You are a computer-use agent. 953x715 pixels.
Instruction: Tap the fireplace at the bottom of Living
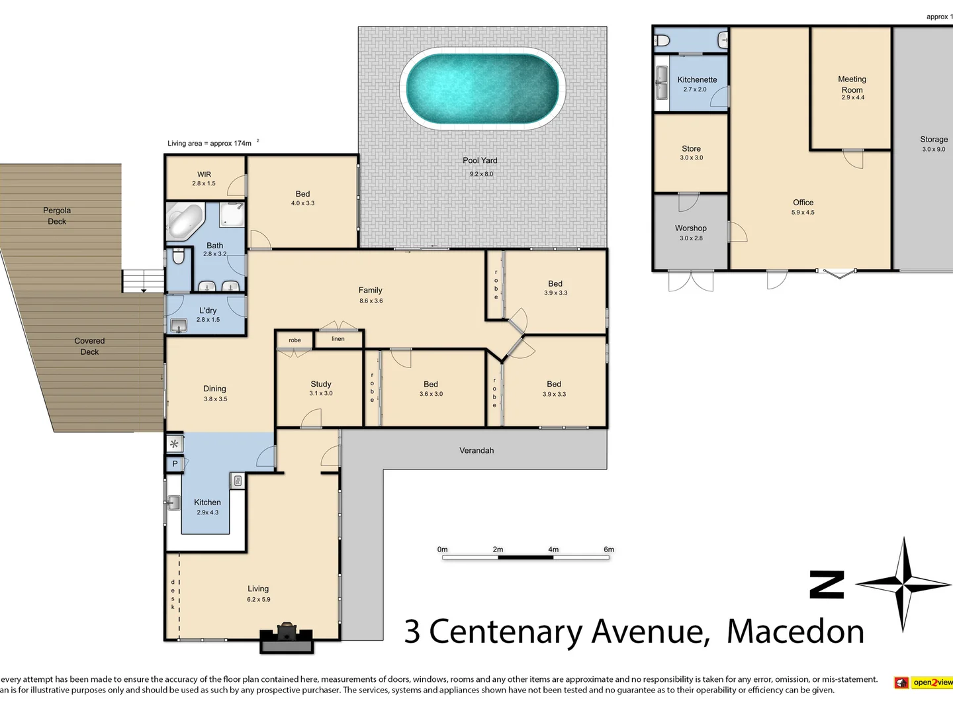coord(287,637)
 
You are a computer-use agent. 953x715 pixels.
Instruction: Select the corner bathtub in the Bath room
coord(185,220)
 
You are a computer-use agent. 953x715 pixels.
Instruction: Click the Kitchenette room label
coord(697,79)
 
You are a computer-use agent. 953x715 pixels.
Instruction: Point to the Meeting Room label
coord(852,84)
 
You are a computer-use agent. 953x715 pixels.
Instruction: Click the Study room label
coord(321,384)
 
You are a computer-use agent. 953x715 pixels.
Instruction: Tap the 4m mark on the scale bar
coord(553,549)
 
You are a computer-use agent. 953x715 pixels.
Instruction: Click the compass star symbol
coord(903,584)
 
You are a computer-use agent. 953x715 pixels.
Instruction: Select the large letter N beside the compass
coord(827,585)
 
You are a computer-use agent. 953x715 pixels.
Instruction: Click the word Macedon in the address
coord(795,632)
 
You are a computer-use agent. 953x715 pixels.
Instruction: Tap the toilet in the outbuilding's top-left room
coord(662,41)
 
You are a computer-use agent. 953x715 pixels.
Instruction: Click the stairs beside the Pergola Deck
coord(143,281)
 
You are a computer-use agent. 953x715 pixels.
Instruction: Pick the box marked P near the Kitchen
coord(175,464)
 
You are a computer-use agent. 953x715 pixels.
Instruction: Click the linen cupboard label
coord(338,339)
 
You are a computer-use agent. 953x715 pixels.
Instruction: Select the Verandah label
coord(476,450)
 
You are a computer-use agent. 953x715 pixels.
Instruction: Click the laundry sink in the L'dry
coord(178,325)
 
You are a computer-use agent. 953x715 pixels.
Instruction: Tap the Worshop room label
coord(691,228)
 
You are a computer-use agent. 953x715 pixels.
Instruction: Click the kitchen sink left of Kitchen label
coord(173,503)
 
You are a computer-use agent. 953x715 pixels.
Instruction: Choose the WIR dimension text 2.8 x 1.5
coord(204,183)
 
